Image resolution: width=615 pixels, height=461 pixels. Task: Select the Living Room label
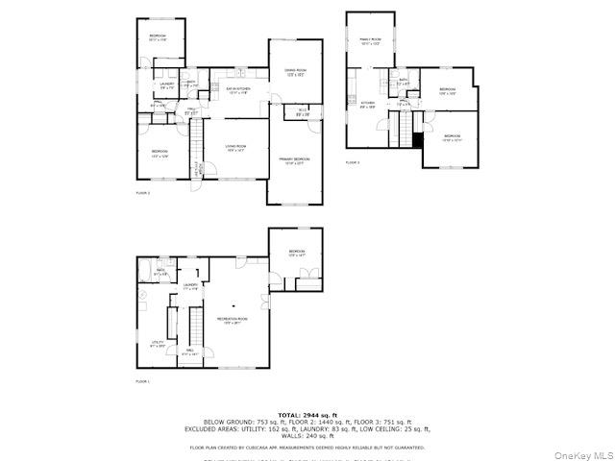point(235,148)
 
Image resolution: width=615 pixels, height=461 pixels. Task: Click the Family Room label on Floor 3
point(370,41)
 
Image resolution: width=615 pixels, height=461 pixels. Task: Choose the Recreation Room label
point(232,320)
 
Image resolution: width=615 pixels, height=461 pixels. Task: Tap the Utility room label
point(158,343)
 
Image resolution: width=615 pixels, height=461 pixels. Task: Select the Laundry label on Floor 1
point(190,285)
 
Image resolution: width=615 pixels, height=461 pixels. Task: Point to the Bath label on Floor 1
point(160,273)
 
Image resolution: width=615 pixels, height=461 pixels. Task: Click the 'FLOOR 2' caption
point(142,193)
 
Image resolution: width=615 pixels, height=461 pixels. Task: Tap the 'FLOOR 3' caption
point(353,162)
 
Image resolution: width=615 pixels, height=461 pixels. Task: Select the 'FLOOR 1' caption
point(142,381)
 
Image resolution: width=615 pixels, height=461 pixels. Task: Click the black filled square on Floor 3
point(417,138)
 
